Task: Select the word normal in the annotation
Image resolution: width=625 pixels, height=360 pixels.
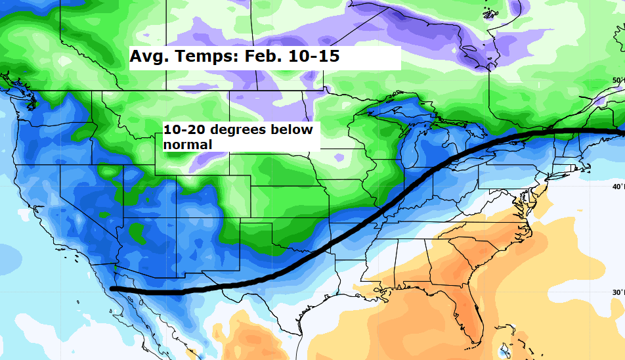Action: (188, 144)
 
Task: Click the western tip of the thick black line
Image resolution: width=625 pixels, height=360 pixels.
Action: (113, 288)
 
